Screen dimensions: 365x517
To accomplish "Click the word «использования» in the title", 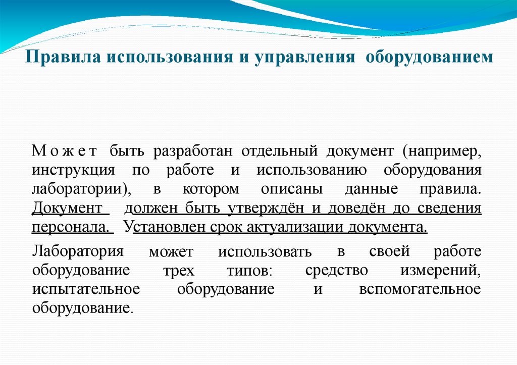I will coord(166,57).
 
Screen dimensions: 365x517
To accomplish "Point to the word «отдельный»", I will coord(279,151).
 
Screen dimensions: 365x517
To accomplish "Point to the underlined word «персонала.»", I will coord(72,227).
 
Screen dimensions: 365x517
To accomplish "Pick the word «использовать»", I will coord(265,252).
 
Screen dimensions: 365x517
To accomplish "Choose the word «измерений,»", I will coord(441,270).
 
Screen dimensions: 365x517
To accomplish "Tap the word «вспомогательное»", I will coord(420,289).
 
